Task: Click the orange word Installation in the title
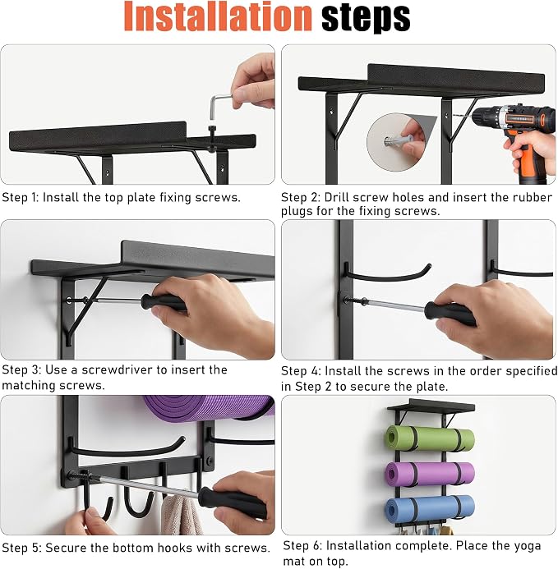(218, 16)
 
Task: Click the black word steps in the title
(366, 18)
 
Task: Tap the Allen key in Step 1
(218, 106)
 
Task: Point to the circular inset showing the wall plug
(396, 141)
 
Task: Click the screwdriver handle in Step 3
(164, 302)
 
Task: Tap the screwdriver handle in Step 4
(450, 314)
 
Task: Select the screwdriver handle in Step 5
(232, 502)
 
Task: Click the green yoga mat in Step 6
(430, 438)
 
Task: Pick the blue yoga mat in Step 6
(430, 509)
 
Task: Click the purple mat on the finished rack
(430, 474)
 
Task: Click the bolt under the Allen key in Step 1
(212, 137)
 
